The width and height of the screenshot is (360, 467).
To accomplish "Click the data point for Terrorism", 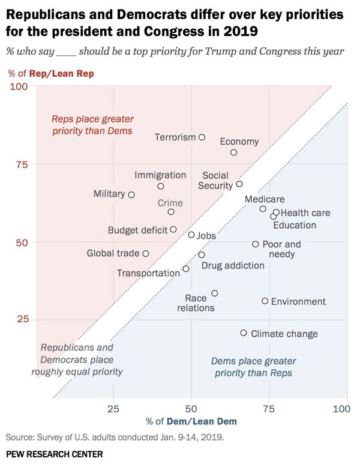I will point(202,137).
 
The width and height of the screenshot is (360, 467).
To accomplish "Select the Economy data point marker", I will point(233,152).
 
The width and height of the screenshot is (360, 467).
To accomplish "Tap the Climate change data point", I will point(244,333).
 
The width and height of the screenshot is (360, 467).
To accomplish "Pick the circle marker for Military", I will point(132,194).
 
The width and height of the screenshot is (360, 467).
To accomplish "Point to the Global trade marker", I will point(146,254).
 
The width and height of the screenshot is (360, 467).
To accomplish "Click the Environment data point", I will point(265,301).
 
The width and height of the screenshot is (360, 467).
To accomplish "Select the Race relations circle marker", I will point(215,294).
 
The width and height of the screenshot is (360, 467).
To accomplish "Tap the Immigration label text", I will point(160,175).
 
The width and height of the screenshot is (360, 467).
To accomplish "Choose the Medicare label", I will point(264,199).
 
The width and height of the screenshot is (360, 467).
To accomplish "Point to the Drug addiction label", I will point(232,265).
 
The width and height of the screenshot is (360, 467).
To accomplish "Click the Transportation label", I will point(148,273).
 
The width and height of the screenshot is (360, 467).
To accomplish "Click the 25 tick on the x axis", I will point(113,409).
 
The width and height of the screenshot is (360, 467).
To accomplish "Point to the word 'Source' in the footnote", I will point(20,438).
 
